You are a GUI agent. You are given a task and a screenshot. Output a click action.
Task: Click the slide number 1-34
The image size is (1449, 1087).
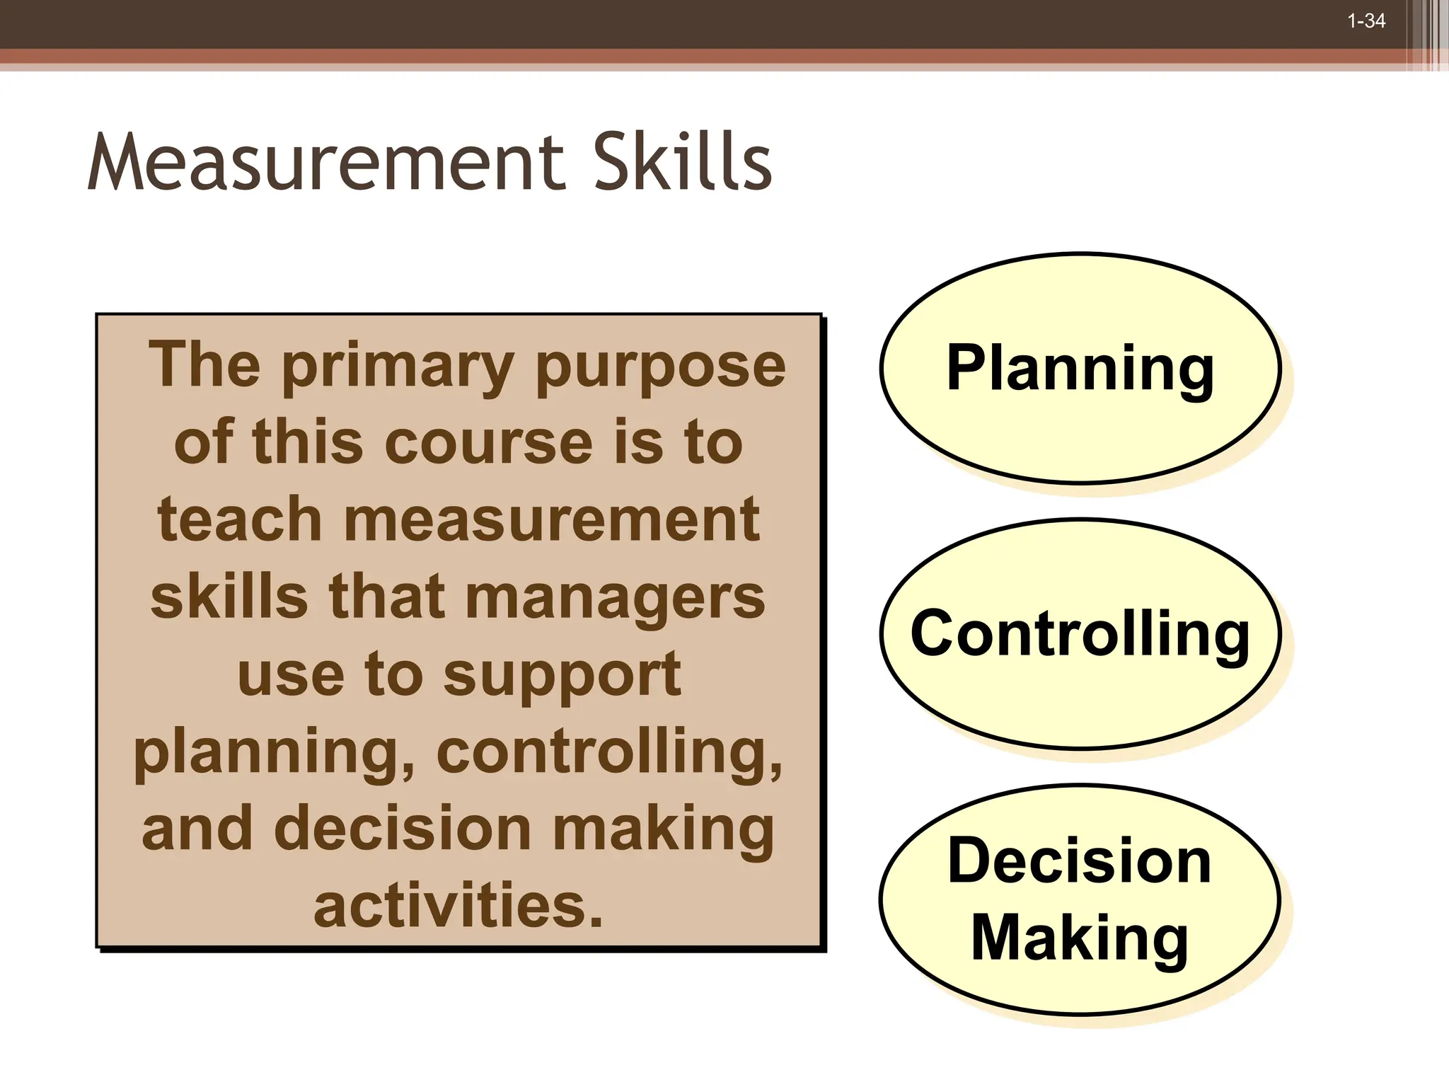click(x=1366, y=21)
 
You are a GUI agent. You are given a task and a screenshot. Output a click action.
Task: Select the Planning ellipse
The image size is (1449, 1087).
click(x=1080, y=368)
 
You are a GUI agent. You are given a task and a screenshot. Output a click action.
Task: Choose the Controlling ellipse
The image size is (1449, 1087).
click(x=1080, y=633)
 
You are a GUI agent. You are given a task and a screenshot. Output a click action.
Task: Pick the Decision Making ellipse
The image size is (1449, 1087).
click(x=1080, y=899)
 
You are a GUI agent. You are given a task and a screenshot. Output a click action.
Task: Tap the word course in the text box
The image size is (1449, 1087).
click(x=488, y=443)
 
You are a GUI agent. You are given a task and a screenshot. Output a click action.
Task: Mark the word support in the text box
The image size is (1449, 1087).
click(x=562, y=676)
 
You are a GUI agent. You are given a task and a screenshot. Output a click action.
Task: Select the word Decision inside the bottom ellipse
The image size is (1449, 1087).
click(x=1080, y=861)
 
